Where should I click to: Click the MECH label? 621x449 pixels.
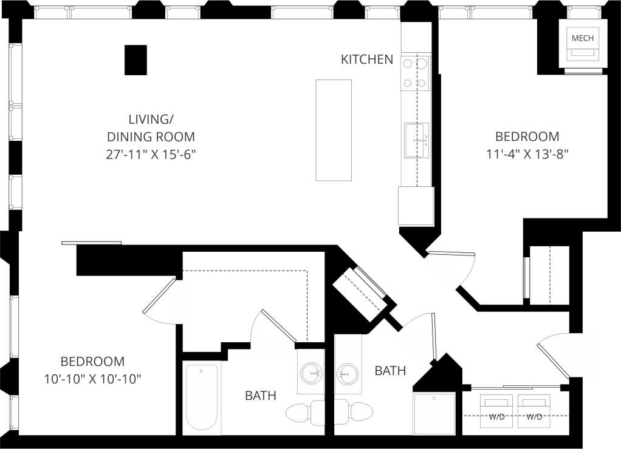click(582, 38)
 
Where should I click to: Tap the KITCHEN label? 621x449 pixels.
click(366, 59)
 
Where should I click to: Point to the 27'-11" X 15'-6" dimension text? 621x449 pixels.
click(152, 154)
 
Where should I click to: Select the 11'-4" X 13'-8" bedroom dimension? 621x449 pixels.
click(527, 154)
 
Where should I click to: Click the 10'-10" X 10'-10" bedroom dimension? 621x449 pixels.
click(92, 380)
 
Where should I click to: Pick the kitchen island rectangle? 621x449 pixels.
click(334, 130)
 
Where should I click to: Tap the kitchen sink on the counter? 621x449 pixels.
click(416, 140)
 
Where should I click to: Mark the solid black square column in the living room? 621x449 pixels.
click(136, 60)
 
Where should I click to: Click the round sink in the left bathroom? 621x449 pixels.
click(312, 371)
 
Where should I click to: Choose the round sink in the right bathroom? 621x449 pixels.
click(348, 371)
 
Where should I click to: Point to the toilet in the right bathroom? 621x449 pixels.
click(360, 412)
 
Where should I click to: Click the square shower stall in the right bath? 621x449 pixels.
click(434, 413)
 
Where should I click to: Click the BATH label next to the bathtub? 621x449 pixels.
click(261, 396)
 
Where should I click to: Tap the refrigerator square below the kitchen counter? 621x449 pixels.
click(416, 206)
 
